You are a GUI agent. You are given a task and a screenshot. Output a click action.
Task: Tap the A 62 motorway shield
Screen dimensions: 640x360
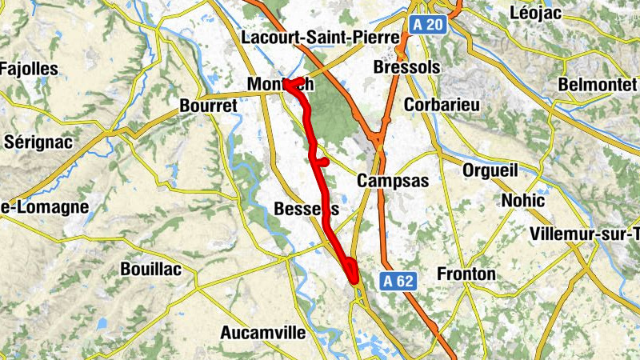click(x=397, y=281)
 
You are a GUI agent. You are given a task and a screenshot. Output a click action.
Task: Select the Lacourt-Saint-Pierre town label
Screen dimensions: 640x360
click(x=320, y=38)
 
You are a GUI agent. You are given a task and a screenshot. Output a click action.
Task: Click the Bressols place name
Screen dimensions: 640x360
click(x=407, y=68)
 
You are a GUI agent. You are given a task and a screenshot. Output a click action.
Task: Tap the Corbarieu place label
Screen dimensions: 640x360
click(x=442, y=105)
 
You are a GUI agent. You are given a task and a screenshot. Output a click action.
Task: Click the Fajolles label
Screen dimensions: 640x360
click(x=30, y=69)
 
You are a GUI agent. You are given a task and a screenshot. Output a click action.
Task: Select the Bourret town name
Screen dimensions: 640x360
click(x=210, y=106)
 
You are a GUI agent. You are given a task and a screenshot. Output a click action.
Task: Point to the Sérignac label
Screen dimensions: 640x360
click(x=38, y=142)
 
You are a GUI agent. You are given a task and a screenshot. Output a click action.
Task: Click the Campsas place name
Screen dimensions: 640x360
click(x=393, y=181)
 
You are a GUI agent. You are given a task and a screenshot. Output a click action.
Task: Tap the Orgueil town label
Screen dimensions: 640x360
click(x=490, y=170)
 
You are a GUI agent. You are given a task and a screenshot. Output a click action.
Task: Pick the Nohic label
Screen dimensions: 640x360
click(x=523, y=200)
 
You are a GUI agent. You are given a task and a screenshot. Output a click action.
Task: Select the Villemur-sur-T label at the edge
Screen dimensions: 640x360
click(x=585, y=234)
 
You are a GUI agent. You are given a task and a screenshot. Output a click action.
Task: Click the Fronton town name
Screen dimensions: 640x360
click(x=466, y=274)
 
